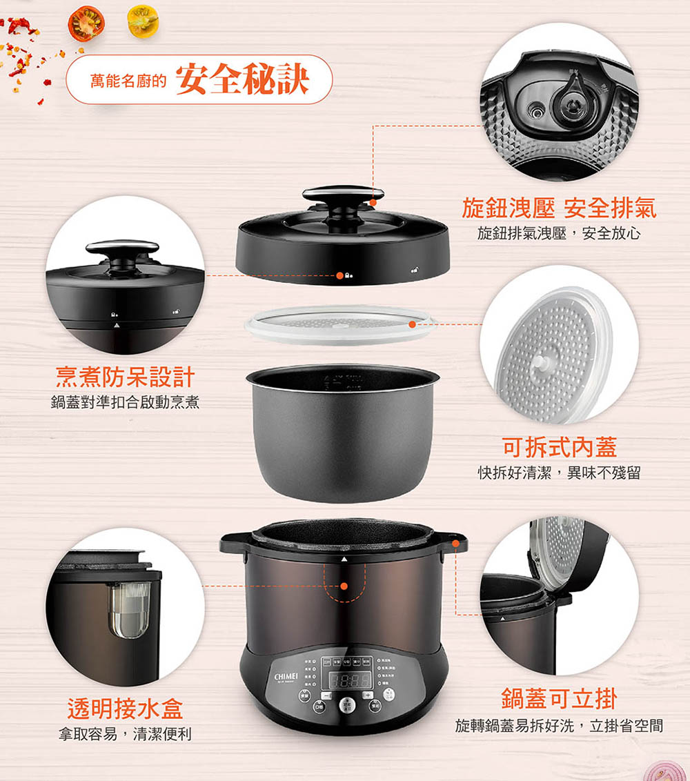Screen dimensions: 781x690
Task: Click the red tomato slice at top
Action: pos(86,23)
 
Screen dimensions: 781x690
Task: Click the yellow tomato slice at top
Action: pos(143,21)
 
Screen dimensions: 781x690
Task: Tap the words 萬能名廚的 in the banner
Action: pos(129,82)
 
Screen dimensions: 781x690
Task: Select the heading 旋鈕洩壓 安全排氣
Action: pos(559,208)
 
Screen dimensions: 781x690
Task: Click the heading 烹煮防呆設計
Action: pos(125,377)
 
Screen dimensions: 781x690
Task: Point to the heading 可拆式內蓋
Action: pos(559,447)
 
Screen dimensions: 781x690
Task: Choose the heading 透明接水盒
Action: pos(125,708)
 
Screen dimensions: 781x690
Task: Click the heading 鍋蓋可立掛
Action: pos(559,699)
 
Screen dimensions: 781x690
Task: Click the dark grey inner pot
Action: pos(343,435)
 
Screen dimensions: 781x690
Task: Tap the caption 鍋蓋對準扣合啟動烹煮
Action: pos(125,402)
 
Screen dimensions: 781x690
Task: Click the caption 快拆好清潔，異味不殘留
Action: pos(559,473)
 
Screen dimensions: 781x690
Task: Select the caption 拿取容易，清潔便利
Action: pos(125,734)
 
